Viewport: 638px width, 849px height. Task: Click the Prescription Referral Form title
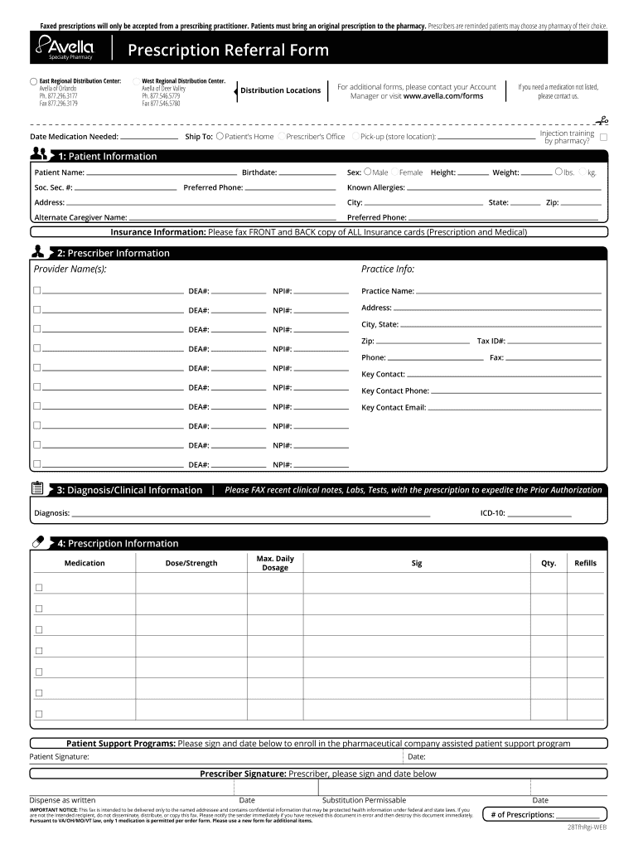point(228,51)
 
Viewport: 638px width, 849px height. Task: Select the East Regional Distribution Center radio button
point(33,81)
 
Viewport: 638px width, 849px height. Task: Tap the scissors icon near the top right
point(601,120)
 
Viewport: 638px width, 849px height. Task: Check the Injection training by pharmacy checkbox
point(603,137)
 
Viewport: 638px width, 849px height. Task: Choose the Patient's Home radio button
point(220,136)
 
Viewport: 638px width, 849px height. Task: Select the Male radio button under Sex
point(367,172)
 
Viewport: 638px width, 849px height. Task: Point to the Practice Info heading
point(388,269)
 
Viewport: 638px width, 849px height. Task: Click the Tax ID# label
point(491,341)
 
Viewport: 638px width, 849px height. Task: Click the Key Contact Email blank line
point(515,408)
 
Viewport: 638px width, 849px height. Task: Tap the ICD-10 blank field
point(539,514)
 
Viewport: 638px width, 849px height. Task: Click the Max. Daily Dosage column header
point(275,563)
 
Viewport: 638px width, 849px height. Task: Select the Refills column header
point(585,563)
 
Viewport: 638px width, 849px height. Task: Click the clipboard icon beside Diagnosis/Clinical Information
point(38,489)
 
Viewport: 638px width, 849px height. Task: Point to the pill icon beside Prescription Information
point(38,543)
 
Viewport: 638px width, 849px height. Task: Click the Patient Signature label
point(60,757)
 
